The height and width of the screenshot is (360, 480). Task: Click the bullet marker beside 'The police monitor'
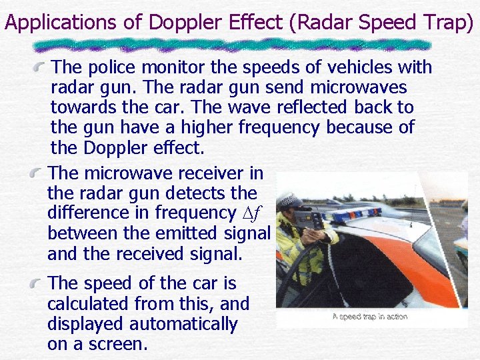pyautogui.click(x=41, y=67)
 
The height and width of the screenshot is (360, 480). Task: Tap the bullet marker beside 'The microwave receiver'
pyautogui.click(x=41, y=173)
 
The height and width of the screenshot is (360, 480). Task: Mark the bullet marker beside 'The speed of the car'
pyautogui.click(x=41, y=283)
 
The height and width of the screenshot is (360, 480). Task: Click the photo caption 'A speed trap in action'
pyautogui.click(x=370, y=317)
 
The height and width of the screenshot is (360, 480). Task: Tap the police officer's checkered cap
pyautogui.click(x=291, y=199)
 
